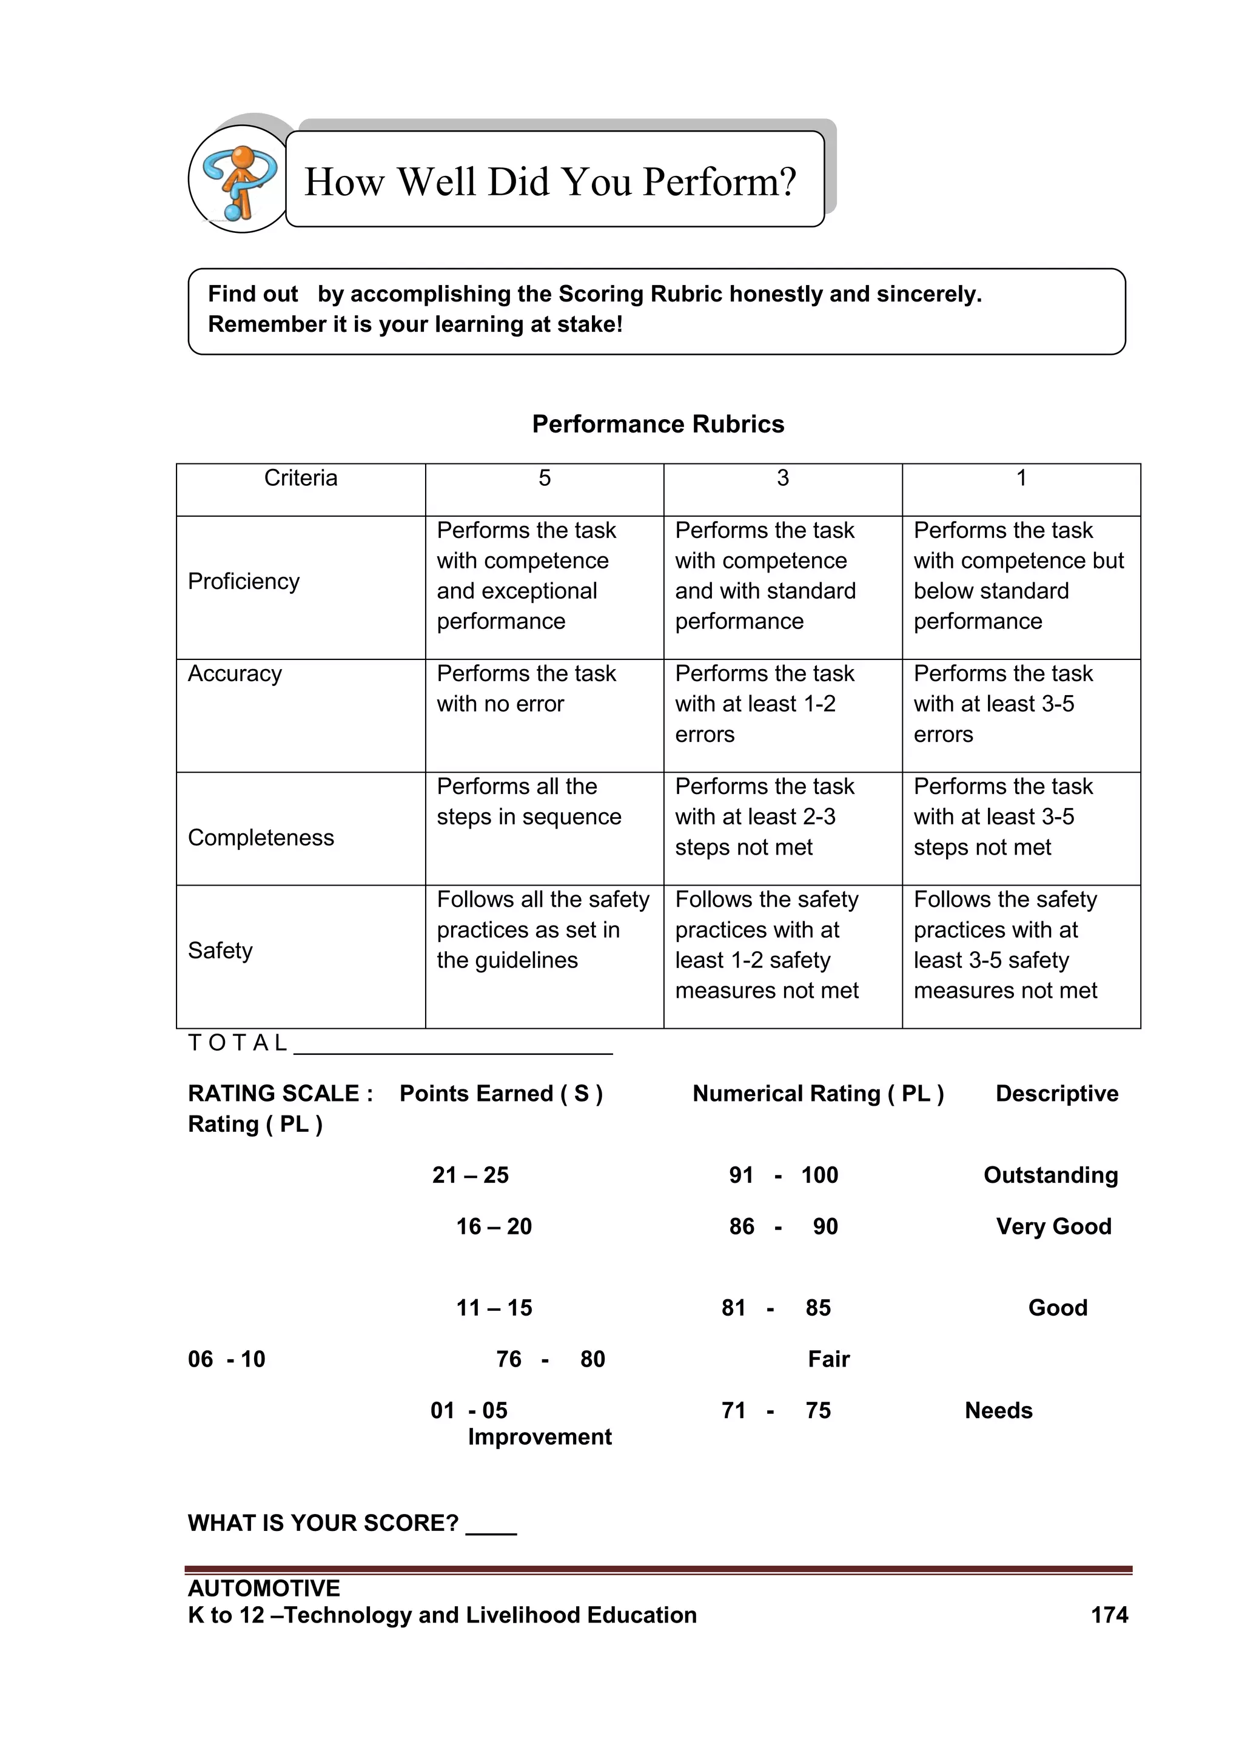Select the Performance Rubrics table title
[x=658, y=425]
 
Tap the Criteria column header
[x=301, y=479]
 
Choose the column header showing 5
[x=545, y=479]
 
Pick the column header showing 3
[x=782, y=479]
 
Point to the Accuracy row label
[x=235, y=674]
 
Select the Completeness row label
[x=261, y=838]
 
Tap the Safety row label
[x=220, y=950]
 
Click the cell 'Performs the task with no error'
[x=526, y=689]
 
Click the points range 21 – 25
[x=471, y=1175]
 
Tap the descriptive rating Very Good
[x=1053, y=1226]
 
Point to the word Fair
[x=829, y=1359]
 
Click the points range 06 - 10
[x=226, y=1359]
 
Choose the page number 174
[x=1109, y=1615]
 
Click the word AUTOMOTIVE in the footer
[x=264, y=1589]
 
